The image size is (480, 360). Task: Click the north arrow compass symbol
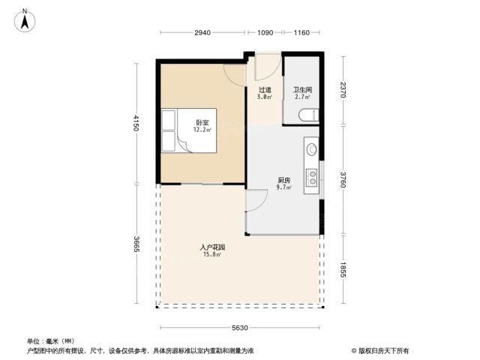click(25, 20)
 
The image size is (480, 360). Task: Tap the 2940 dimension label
click(202, 32)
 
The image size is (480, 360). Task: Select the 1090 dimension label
click(265, 32)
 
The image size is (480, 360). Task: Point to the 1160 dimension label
click(301, 32)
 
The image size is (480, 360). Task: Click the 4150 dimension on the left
click(136, 123)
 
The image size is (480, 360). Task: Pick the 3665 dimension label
click(136, 244)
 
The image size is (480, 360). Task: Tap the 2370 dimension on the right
click(343, 90)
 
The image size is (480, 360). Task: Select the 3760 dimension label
click(343, 180)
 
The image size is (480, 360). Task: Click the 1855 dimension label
click(343, 269)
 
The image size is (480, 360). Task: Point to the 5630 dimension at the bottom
click(240, 328)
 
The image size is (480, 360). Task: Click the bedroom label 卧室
click(202, 123)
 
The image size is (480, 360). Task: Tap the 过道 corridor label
click(265, 90)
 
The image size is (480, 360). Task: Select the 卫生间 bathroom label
click(302, 90)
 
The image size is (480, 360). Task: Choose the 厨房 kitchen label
click(283, 180)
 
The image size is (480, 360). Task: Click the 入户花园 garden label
click(212, 247)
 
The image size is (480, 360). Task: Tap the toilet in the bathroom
click(308, 115)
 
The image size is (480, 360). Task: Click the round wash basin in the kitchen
click(312, 149)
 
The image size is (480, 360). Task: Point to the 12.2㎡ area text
click(202, 130)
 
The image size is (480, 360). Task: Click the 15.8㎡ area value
click(212, 254)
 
